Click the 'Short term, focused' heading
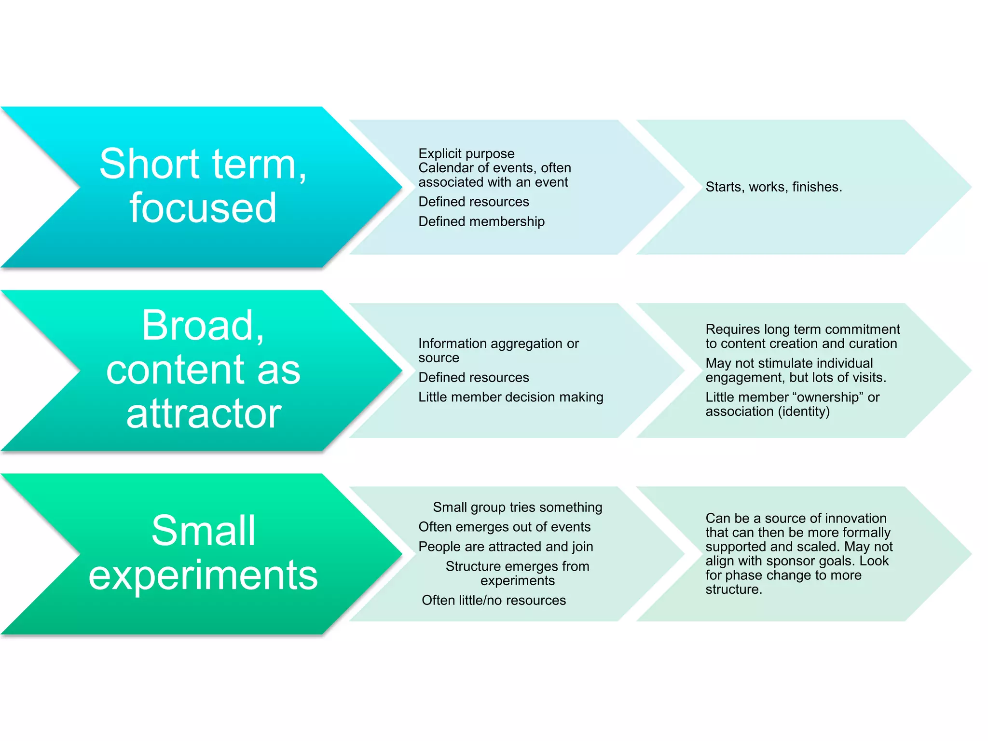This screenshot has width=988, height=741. click(203, 186)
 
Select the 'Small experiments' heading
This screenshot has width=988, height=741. click(203, 552)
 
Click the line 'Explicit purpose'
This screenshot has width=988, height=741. click(466, 153)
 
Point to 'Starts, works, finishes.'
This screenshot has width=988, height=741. click(773, 187)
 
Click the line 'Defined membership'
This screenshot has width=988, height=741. click(481, 221)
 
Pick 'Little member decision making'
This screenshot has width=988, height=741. click(510, 397)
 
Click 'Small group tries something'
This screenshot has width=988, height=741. click(517, 507)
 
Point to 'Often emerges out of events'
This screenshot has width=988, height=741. click(504, 527)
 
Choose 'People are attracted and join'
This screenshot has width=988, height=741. click(506, 547)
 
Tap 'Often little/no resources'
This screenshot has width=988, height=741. click(494, 600)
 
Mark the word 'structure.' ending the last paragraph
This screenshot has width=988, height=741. click(733, 590)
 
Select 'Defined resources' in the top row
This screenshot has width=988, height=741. click(473, 202)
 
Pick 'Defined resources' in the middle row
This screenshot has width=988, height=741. click(473, 377)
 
